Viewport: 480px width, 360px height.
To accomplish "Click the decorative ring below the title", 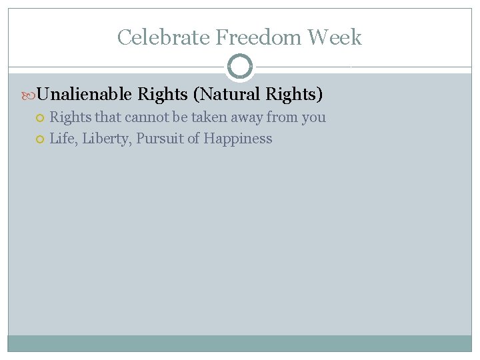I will [x=240, y=67].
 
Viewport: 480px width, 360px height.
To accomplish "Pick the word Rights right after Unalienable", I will [x=162, y=95].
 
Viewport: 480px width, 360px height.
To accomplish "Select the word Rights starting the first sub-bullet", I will [x=71, y=117].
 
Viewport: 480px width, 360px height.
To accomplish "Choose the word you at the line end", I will [x=314, y=118].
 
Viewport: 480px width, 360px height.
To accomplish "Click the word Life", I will [x=63, y=139].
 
